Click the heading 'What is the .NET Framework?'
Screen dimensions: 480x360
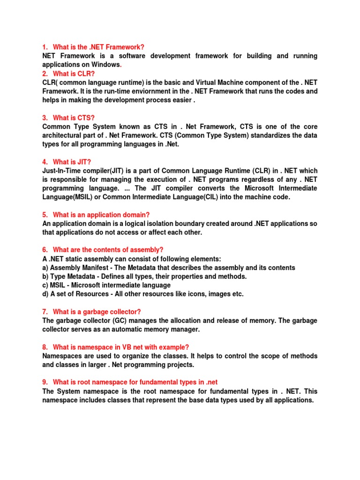click(x=98, y=47)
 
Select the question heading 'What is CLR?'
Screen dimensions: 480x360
click(x=74, y=74)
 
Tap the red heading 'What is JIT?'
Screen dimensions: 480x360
click(x=73, y=162)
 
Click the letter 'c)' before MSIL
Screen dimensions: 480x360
click(x=45, y=285)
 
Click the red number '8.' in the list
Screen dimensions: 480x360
click(x=45, y=347)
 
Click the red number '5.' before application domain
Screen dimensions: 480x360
click(x=45, y=215)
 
